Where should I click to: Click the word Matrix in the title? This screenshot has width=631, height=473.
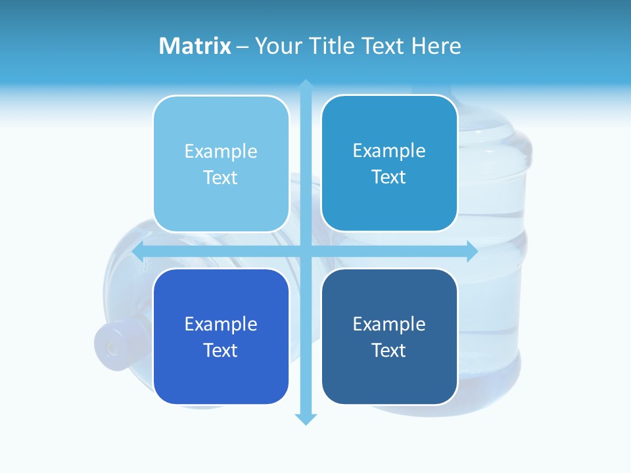195,46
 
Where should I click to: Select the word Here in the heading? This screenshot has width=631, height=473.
436,46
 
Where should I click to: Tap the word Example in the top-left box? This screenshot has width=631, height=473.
221,152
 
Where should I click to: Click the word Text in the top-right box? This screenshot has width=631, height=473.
389,177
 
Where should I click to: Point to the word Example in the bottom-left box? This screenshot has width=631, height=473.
221,325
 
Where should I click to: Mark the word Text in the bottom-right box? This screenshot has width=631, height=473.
389,350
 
